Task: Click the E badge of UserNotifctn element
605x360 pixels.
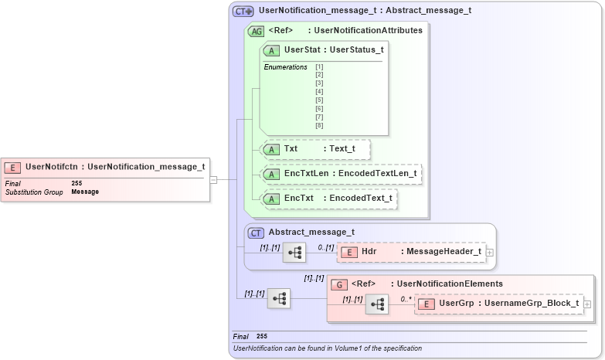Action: pos(13,166)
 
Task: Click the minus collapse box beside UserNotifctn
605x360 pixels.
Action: pos(213,180)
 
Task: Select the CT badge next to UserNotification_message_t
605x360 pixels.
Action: pos(243,12)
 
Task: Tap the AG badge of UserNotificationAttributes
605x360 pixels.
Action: pos(256,32)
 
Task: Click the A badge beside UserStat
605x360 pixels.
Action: pos(272,50)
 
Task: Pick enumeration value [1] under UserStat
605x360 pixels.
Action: pos(319,67)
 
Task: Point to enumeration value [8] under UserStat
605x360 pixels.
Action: pos(319,125)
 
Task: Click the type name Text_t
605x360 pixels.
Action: pos(342,149)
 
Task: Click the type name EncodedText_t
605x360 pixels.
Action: pos(361,199)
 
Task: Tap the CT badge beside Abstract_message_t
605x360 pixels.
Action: pos(256,232)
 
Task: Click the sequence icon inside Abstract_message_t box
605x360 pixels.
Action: pos(294,253)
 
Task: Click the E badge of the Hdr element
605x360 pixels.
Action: pos(348,252)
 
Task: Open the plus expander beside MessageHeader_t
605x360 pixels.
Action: pos(489,252)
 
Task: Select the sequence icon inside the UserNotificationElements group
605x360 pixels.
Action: pos(377,304)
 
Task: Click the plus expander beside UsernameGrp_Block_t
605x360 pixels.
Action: pos(587,304)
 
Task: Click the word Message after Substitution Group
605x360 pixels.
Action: pos(85,192)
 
